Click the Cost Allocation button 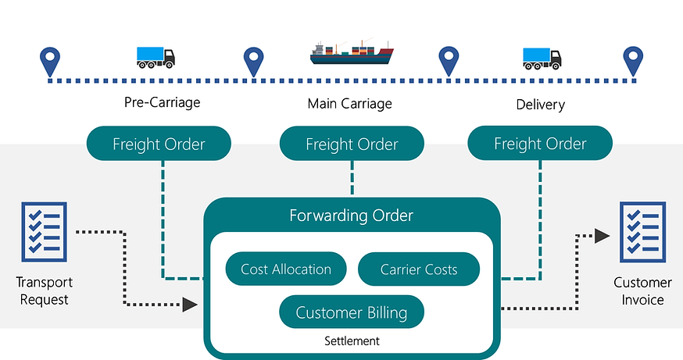[x=286, y=269]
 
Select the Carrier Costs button [x=419, y=269]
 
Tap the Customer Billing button [x=352, y=313]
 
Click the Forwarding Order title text [x=352, y=215]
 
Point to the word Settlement [x=352, y=341]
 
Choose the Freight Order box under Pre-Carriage [x=159, y=144]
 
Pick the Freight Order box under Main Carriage [x=352, y=144]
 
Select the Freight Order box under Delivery [x=540, y=144]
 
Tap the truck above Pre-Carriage [x=156, y=56]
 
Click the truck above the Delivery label [x=542, y=56]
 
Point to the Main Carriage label [x=350, y=103]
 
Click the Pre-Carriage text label [x=163, y=102]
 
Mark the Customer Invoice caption [x=642, y=290]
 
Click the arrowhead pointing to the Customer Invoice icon [x=601, y=235]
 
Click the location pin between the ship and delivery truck [x=448, y=59]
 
